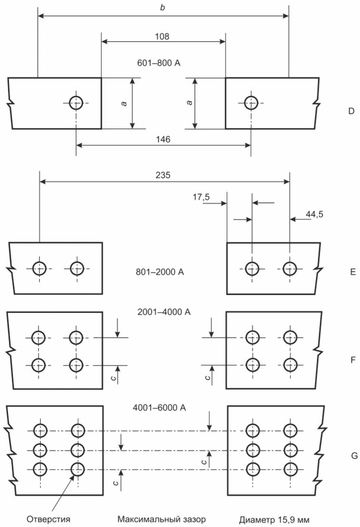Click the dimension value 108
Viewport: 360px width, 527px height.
162,36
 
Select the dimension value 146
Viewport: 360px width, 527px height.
163,139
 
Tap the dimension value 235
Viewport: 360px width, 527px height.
163,175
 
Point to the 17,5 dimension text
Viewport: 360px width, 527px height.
201,197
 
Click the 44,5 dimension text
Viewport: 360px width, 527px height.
315,215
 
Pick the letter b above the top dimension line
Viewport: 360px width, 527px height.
163,8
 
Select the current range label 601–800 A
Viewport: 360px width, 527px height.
159,63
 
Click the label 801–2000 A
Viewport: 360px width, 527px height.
160,272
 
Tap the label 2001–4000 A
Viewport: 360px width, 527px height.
164,312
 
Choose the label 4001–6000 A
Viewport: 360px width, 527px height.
159,408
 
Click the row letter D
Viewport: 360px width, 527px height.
351,111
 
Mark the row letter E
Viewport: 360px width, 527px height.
352,272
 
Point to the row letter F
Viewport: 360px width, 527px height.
353,360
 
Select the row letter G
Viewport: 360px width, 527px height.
354,456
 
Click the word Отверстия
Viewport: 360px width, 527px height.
49,519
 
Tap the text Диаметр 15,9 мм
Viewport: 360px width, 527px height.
274,520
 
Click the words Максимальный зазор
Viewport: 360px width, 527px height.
161,519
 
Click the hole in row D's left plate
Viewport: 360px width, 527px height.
76,103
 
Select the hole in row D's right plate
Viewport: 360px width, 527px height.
251,103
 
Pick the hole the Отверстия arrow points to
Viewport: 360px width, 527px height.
78,469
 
